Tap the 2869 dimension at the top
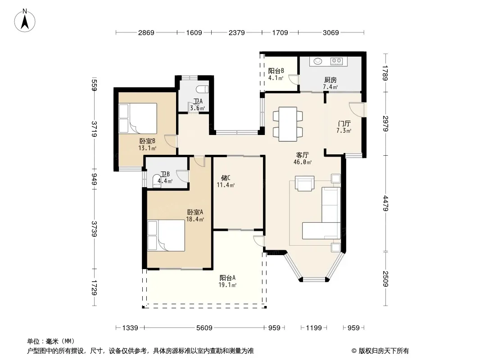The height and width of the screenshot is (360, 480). point(146,32)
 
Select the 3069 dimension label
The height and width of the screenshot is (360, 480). point(331,32)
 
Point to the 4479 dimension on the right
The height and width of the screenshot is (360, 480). point(386,203)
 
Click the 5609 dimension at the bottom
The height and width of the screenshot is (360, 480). point(204,328)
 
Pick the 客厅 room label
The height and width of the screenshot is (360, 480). point(302,155)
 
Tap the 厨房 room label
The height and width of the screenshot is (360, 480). point(331,80)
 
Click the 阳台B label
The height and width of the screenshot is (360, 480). point(276,71)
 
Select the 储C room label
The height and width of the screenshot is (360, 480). point(226,178)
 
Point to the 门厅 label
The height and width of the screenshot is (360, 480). point(344,124)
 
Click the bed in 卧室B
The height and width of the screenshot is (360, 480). point(138,118)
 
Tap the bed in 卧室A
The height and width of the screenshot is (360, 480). point(166,235)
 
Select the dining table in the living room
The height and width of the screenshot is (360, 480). point(288,124)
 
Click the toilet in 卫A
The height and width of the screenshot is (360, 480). point(202,89)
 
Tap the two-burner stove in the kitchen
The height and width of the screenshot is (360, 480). point(337,61)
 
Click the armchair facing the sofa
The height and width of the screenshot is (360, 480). point(304,183)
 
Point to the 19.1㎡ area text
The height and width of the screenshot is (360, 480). point(227,285)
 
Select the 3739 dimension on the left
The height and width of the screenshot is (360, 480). point(94,229)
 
